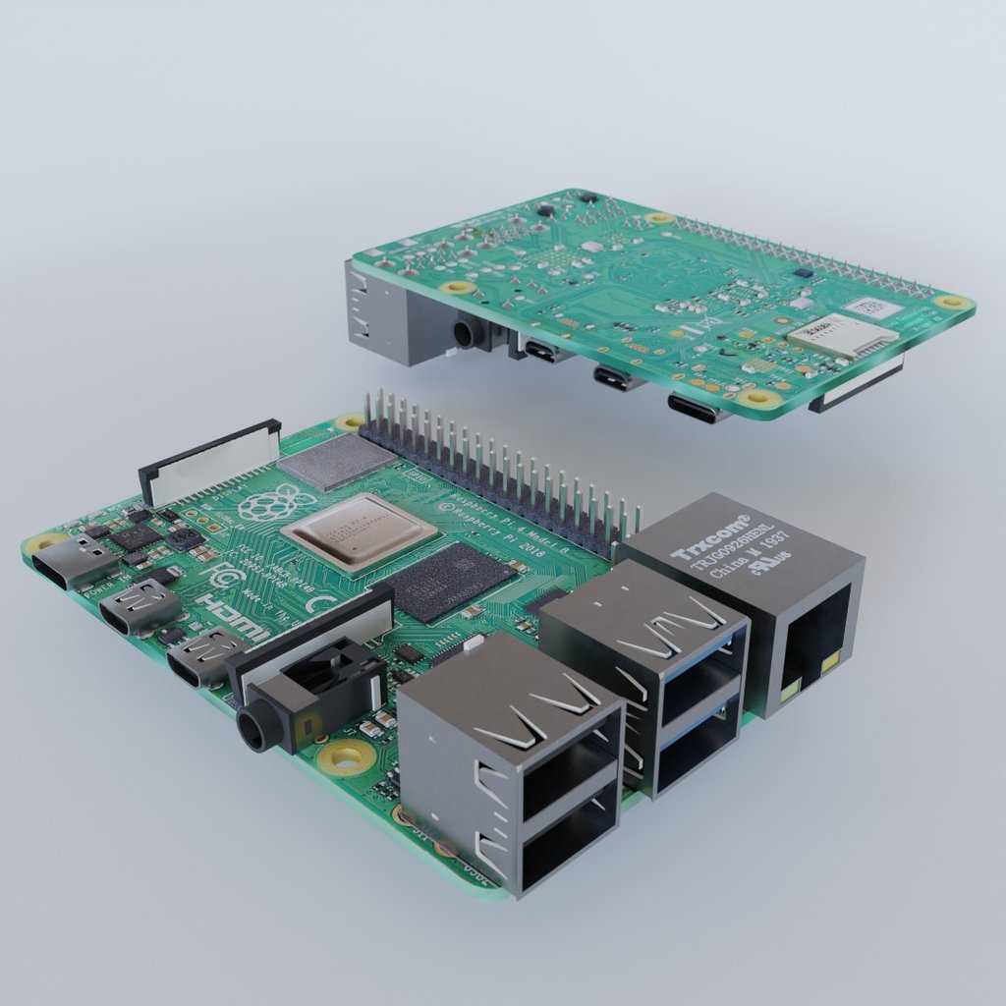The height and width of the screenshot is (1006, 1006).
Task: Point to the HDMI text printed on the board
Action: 232,617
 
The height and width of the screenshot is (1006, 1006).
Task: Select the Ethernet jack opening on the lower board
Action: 813,640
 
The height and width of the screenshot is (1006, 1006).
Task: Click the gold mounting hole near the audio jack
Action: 347,756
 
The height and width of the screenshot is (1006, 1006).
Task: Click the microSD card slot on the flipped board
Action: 842,336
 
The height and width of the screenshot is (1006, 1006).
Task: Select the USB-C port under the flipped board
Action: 697,408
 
